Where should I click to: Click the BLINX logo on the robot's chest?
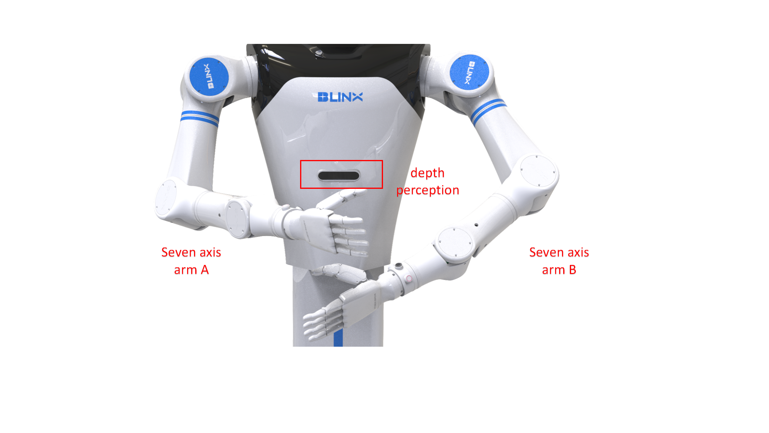point(340,97)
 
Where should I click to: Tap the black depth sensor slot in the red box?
point(339,175)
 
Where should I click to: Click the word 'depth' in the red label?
point(427,173)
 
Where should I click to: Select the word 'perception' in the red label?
point(427,191)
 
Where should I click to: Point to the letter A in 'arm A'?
point(205,270)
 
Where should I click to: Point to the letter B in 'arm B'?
point(573,270)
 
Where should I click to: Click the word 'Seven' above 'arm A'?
point(178,253)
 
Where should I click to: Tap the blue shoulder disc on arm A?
point(209,76)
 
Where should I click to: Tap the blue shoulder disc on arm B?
point(469,72)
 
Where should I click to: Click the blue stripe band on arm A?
point(199,118)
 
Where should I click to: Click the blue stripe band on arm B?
point(488,110)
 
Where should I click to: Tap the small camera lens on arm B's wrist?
point(398,265)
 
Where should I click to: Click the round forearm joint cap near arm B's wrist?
point(455,242)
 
